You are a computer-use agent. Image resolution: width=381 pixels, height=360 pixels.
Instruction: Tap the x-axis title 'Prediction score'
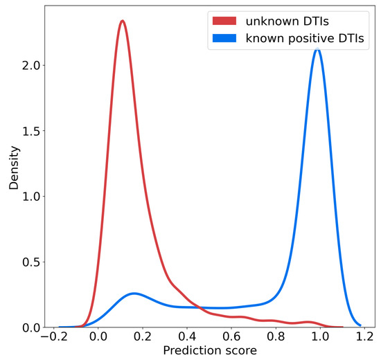point(209,351)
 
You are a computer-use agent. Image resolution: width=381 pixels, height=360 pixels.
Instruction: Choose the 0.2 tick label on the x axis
point(143,337)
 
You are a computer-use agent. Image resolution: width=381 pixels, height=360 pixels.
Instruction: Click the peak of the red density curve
point(122,21)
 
